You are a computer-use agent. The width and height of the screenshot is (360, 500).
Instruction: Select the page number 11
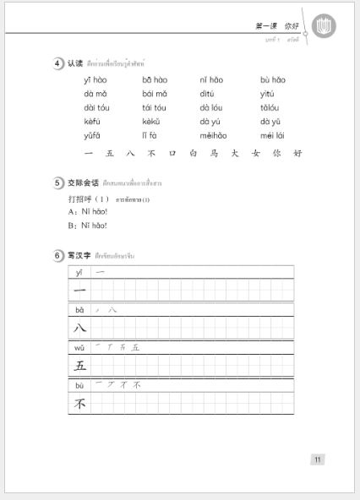(x=317, y=459)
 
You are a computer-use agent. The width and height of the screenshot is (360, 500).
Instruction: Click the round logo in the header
(x=324, y=26)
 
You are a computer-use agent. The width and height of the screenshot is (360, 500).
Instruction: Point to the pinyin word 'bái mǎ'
(x=155, y=94)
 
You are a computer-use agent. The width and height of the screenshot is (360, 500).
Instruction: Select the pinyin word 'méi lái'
(x=272, y=135)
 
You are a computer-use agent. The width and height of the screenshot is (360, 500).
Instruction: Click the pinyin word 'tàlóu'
(x=270, y=108)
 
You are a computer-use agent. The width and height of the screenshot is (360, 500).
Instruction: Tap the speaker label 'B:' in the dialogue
(x=73, y=226)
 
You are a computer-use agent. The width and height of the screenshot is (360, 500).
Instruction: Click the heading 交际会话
(x=84, y=183)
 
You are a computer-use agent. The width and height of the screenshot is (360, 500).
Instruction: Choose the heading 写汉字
(x=79, y=255)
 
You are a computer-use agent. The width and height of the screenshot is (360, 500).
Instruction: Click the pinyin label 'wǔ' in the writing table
(x=79, y=347)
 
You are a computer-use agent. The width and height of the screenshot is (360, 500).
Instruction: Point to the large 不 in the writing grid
(x=79, y=404)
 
